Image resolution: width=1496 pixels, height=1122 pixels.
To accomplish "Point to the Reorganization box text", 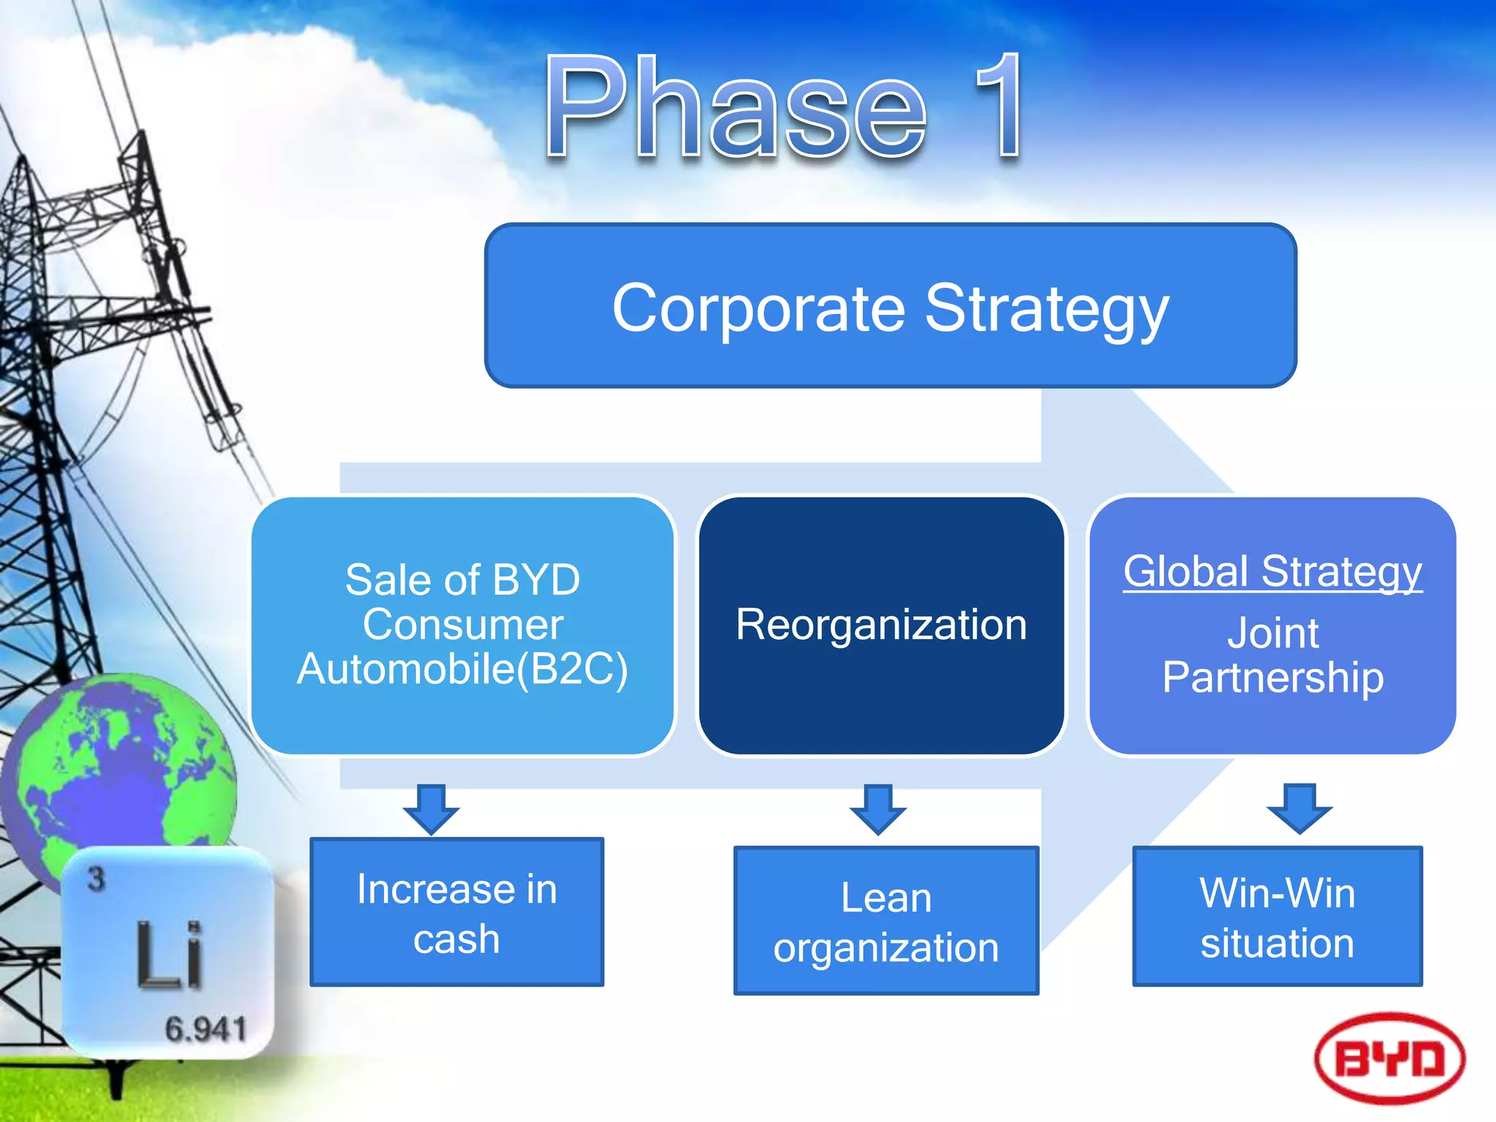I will (x=881, y=625).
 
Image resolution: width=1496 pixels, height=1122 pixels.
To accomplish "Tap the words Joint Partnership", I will (x=1272, y=655).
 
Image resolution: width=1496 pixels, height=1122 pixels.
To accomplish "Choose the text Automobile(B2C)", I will (x=462, y=669).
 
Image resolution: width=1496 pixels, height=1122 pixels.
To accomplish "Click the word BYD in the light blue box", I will (x=536, y=581).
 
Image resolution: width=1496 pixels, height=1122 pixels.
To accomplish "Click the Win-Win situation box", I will (x=1277, y=917).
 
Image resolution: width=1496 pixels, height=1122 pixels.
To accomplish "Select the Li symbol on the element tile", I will (x=169, y=955).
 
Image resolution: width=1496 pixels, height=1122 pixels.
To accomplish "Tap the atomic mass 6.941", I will (x=205, y=1029).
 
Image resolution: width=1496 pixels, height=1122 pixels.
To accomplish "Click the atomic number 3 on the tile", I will (x=96, y=879).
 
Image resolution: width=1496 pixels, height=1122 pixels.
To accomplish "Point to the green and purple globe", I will (x=124, y=767).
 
